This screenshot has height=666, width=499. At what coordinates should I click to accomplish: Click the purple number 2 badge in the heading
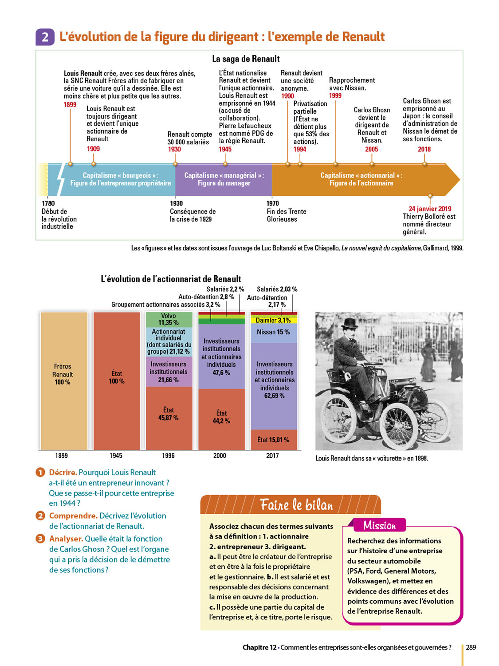coord(45,37)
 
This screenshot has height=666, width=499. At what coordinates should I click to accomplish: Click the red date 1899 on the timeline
coord(70,105)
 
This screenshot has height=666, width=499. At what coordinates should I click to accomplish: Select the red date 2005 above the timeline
coord(371,149)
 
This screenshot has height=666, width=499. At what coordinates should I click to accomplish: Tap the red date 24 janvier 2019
coord(430,209)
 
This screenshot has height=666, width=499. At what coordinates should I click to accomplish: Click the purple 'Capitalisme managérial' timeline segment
coord(224,179)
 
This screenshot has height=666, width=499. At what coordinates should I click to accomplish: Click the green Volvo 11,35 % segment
coord(169,319)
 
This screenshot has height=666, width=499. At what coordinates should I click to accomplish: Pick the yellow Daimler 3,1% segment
coord(273,320)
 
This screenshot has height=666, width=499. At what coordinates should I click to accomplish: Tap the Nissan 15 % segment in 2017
coord(273,332)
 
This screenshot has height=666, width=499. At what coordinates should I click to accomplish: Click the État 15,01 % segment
coord(273,440)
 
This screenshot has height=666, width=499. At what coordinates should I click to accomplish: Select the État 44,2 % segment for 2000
coord(221,417)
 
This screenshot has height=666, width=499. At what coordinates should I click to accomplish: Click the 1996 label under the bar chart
coord(168,456)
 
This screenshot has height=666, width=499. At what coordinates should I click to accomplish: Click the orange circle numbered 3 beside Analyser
coord(40,539)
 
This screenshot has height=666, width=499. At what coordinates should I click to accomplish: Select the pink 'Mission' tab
coord(379,525)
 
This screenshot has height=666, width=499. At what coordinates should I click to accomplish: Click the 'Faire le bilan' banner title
coord(296,505)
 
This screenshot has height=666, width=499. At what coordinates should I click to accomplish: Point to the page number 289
coord(471,647)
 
